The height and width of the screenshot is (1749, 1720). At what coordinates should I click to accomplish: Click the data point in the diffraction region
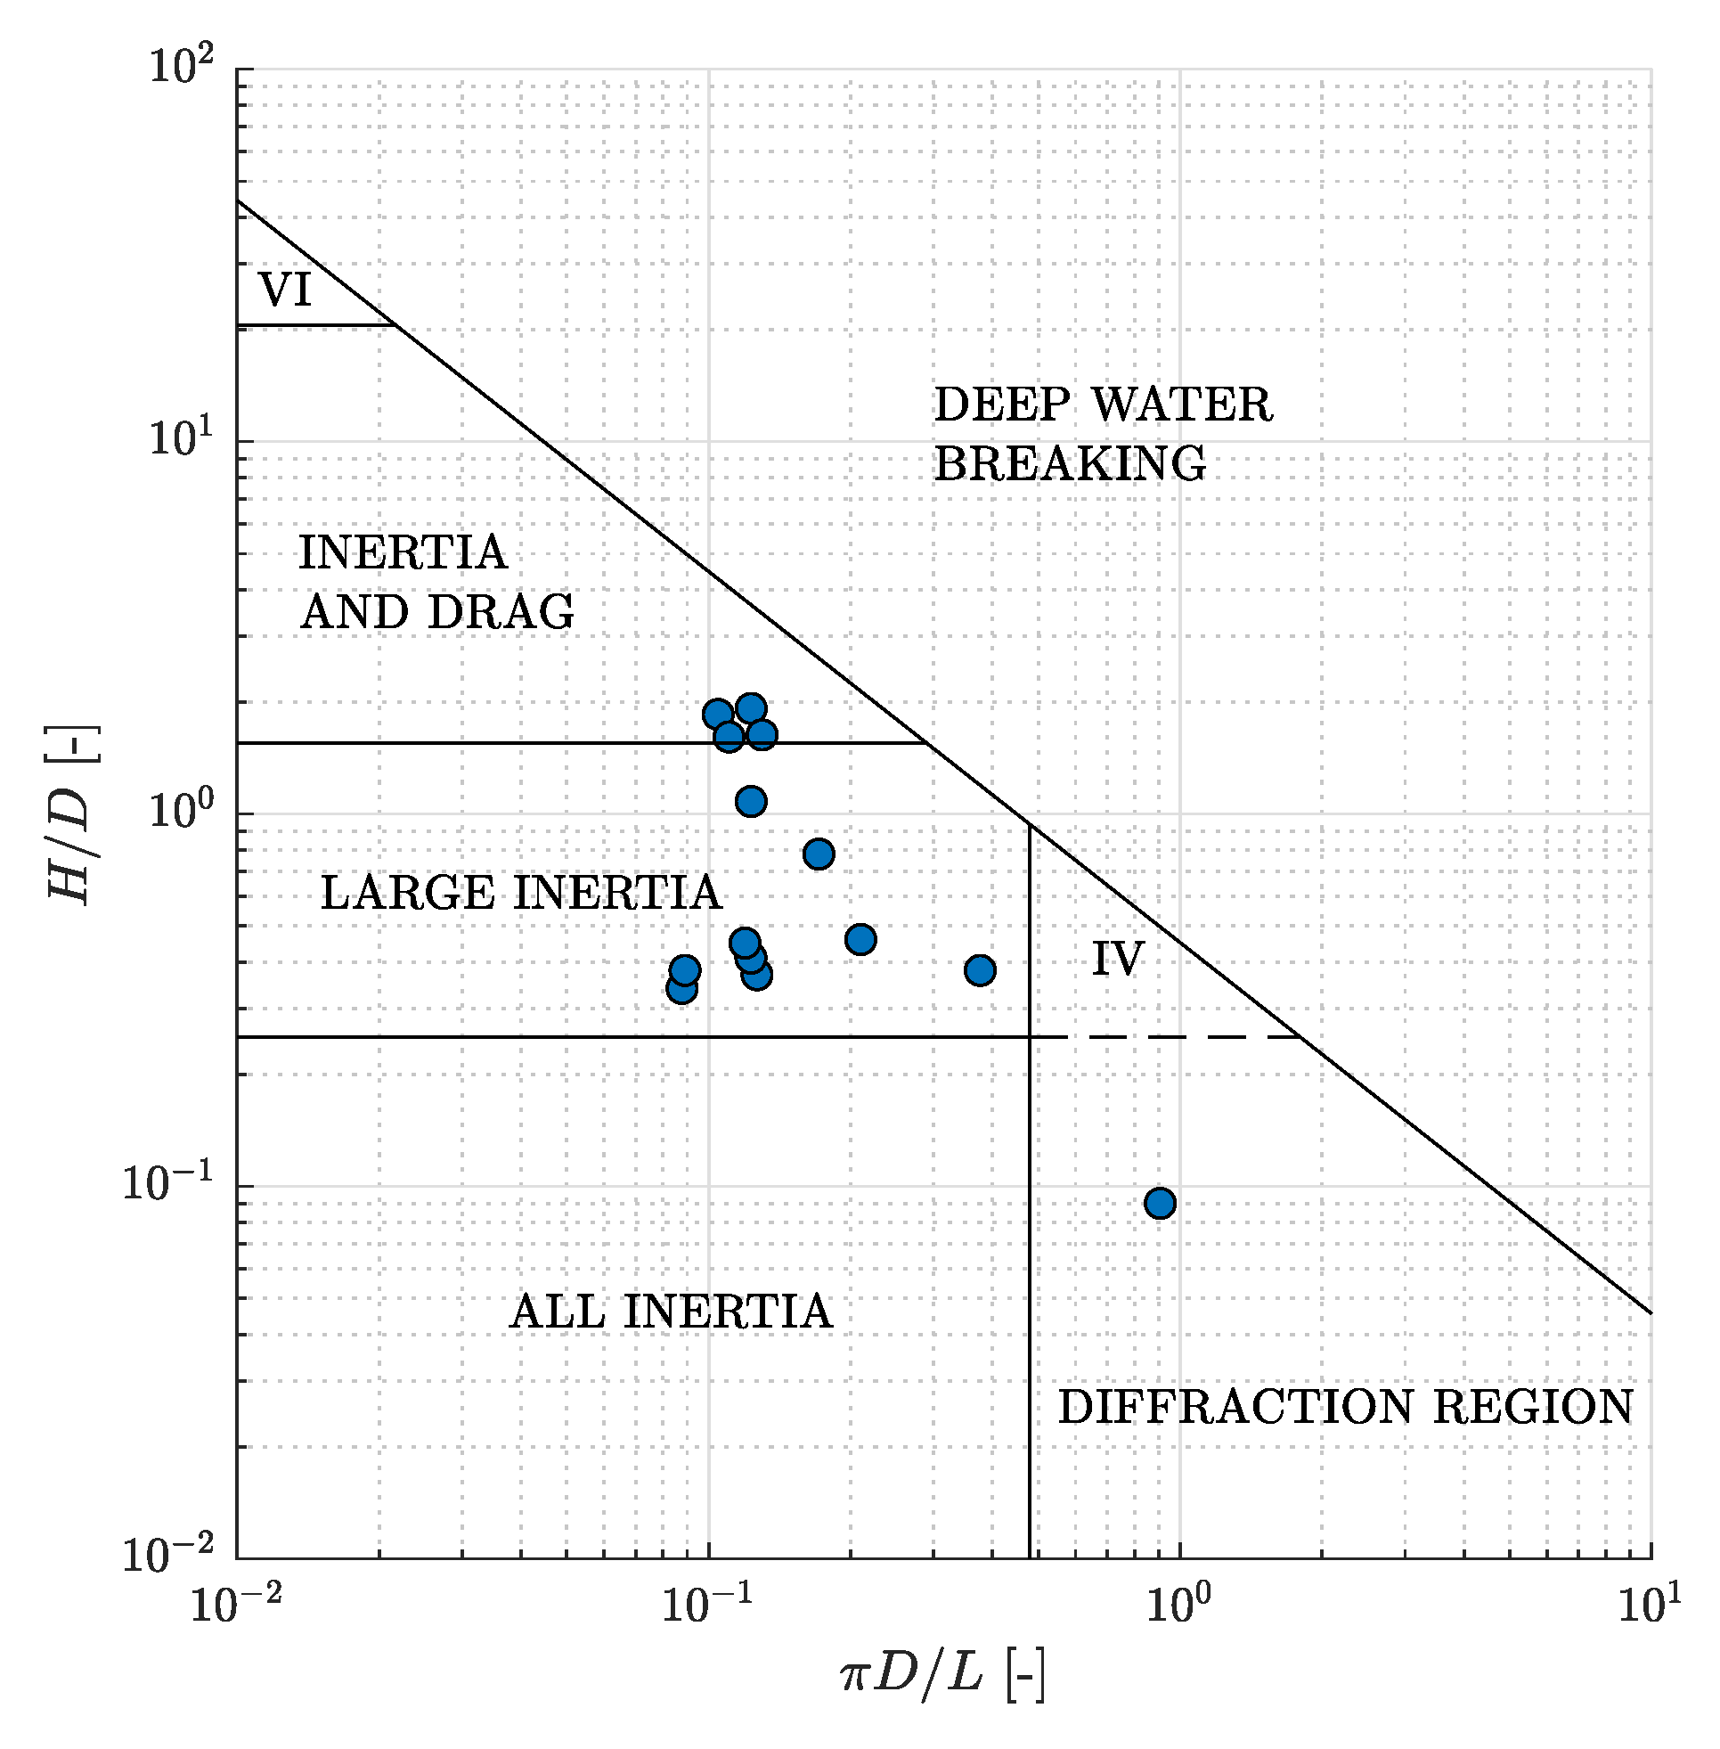1159,1203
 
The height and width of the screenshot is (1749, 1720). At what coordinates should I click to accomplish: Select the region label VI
284,290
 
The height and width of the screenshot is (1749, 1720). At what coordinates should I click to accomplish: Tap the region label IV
1118,959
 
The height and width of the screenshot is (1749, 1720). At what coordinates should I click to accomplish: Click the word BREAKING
1069,463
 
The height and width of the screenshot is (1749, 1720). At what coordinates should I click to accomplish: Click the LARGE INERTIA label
520,893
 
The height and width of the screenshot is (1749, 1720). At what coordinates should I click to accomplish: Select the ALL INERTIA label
671,1311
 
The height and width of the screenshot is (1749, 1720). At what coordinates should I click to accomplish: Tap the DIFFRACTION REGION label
1345,1407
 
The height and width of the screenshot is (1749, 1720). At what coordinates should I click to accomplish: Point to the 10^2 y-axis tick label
182,68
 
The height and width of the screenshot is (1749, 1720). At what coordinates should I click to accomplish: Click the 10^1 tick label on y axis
182,441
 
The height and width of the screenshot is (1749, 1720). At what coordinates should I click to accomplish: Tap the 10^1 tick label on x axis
1650,1605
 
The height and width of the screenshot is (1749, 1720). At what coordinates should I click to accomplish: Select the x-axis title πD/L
942,1676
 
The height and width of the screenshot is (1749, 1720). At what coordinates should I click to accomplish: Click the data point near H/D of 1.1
751,801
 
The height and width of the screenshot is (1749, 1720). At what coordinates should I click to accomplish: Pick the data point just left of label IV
980,970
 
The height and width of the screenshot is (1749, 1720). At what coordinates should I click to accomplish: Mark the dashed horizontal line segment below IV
1184,1037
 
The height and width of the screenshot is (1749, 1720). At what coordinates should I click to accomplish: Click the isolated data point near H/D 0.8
819,854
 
